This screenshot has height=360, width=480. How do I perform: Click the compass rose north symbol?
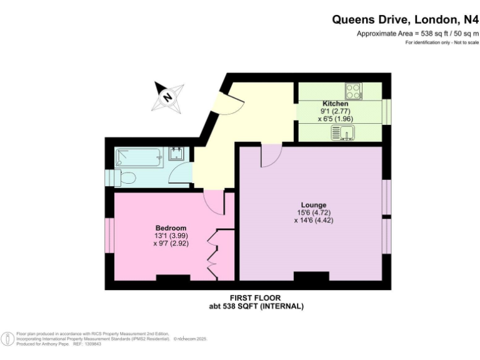pos(167,97)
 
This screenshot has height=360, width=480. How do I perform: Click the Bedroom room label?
pos(171,228)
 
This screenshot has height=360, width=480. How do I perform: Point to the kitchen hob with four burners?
pos(353,91)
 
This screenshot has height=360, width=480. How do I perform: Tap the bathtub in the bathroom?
pos(139,157)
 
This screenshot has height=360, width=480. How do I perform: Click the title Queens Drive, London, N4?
pos(404,19)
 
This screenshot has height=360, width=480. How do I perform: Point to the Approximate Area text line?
pos(417,33)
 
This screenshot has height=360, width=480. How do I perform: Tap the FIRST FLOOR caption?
pos(256,298)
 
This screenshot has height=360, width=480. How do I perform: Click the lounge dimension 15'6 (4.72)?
pos(310,212)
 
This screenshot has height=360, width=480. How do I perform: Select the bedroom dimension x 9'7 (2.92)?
pos(171,244)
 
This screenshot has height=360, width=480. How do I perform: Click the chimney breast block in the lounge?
pos(311,276)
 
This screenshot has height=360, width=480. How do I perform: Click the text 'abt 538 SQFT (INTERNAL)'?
pos(256,306)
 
